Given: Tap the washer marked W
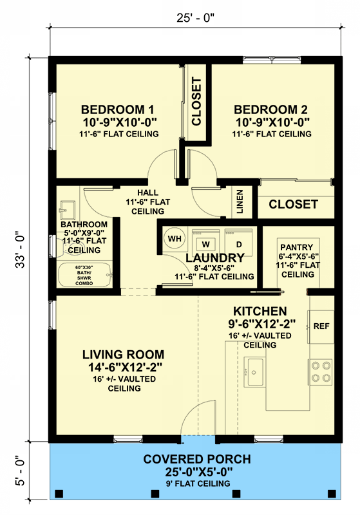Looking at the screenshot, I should (207, 243).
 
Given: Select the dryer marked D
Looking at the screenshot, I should (238, 243).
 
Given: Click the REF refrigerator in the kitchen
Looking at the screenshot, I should (321, 326).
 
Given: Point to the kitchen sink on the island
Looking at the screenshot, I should (254, 371).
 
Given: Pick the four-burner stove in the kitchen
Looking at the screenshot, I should (320, 371).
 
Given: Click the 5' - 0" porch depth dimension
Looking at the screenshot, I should (23, 470).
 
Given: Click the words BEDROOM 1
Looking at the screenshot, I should (117, 108).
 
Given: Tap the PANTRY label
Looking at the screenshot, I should (296, 247).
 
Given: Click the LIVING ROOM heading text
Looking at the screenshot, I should (124, 354).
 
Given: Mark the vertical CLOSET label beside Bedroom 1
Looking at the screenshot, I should (197, 101).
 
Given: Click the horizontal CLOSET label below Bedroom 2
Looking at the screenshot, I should (293, 204).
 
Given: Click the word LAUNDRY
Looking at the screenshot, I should (206, 258).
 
